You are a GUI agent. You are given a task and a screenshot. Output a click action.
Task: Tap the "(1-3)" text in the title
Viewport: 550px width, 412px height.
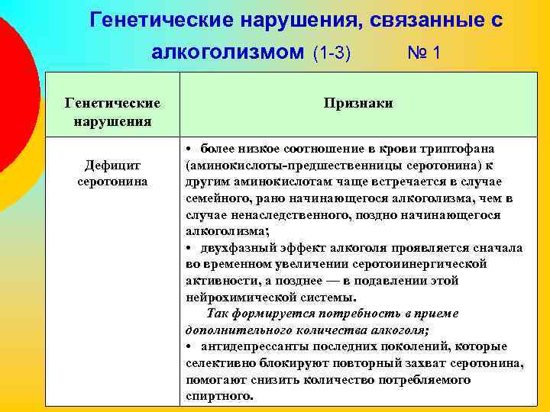click(x=332, y=53)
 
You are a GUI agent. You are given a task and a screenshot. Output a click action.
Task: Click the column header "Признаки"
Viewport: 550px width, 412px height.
click(x=357, y=103)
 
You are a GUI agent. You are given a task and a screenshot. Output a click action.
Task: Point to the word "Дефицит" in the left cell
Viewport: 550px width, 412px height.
click(x=112, y=166)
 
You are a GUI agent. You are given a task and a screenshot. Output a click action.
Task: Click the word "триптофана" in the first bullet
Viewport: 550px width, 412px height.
click(x=459, y=148)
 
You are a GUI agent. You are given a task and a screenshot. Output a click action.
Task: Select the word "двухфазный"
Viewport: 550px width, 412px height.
click(x=233, y=248)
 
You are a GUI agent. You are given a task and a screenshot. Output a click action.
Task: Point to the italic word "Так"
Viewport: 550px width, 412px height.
click(x=218, y=314)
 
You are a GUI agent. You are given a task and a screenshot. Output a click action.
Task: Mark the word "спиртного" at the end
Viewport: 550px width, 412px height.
click(x=218, y=397)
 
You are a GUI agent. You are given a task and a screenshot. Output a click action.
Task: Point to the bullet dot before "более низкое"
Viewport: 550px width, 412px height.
click(x=189, y=148)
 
